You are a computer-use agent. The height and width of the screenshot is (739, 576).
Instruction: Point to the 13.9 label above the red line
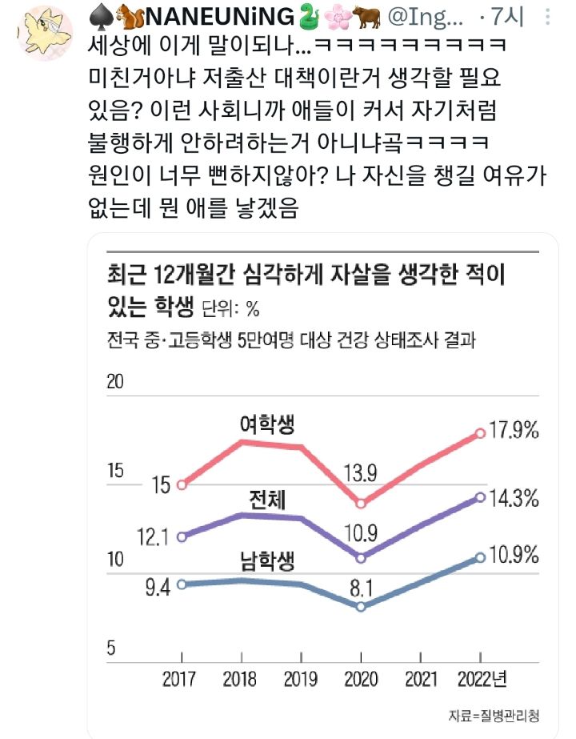coord(360,472)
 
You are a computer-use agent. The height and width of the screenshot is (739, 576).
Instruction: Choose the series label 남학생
coord(267,561)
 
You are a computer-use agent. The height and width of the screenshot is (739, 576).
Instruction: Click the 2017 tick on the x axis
coord(179,681)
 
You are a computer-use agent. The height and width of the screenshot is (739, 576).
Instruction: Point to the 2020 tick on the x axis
coord(361,681)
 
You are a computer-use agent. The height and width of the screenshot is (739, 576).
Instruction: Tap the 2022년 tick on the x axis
coord(482,681)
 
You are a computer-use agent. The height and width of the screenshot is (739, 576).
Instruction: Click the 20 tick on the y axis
coord(117,381)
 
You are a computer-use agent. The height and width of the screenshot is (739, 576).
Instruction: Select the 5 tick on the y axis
coord(112,648)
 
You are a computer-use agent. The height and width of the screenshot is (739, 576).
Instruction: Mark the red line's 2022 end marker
coord(480,433)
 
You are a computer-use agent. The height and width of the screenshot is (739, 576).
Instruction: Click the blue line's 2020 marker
coord(361,606)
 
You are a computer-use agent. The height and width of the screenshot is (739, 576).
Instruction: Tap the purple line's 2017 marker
coord(182,536)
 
